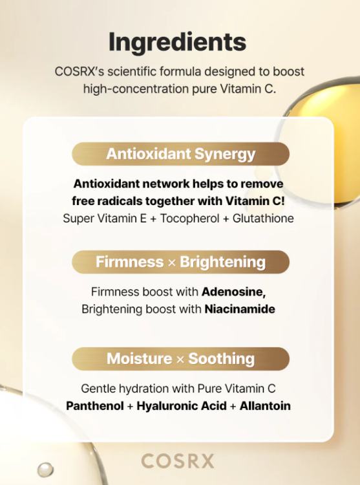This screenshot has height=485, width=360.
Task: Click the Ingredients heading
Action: [177, 42]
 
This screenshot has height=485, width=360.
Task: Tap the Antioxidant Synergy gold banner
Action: [180, 154]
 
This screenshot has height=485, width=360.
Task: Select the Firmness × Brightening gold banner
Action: [180, 262]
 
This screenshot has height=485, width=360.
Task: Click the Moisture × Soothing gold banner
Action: [180, 358]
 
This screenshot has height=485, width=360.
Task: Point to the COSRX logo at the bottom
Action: [177, 461]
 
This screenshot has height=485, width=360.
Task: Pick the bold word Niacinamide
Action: [240, 309]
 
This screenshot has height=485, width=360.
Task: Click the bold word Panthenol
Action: [94, 406]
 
